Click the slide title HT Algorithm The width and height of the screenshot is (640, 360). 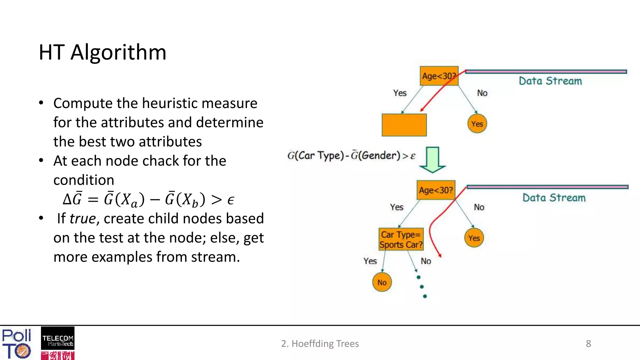tap(102, 52)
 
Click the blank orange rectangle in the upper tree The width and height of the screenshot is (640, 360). tap(404, 125)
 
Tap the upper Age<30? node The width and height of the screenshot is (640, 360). tap(439, 76)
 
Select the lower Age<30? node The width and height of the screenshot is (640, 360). tap(436, 190)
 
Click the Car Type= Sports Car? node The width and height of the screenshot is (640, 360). tap(401, 239)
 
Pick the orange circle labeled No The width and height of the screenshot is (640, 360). tap(382, 282)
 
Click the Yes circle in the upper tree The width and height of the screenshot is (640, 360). tap(477, 124)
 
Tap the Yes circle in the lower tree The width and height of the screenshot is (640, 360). tap(474, 238)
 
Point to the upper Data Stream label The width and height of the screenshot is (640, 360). tap(550, 81)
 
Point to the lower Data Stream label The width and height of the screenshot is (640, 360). tap(554, 198)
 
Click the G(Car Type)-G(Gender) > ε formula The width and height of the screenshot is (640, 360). tap(351, 156)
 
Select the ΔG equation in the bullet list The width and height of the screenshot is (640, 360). tap(148, 199)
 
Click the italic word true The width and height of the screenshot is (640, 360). tap(82, 218)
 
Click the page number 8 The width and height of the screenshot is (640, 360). tap(588, 343)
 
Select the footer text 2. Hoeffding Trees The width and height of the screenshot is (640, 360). tap(320, 343)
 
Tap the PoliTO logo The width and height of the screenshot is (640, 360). tap(17, 343)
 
